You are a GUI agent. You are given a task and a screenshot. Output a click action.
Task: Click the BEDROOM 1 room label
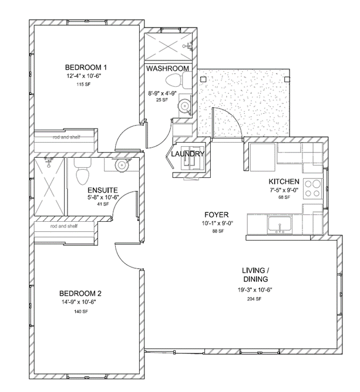click(86, 67)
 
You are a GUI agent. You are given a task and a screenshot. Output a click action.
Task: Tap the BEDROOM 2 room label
click(80, 293)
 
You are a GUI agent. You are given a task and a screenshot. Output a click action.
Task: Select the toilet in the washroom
click(177, 80)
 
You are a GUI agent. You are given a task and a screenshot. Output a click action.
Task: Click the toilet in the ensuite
click(82, 172)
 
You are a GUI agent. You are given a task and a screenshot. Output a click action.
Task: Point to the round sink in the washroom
click(184, 106)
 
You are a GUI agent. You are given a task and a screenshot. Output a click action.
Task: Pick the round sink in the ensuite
click(122, 165)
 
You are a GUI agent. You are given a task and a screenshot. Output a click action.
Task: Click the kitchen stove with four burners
click(312, 189)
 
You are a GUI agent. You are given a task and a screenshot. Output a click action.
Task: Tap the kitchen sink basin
click(280, 224)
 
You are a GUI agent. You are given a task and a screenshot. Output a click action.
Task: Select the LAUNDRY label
click(187, 154)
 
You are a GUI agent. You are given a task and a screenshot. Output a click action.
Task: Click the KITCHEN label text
click(284, 181)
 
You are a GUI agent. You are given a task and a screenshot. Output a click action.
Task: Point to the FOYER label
click(217, 215)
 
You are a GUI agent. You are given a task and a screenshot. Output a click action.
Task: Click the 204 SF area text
click(254, 299)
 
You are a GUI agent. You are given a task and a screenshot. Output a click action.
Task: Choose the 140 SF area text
click(81, 312)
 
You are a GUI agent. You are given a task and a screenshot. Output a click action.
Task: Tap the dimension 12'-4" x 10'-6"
click(84, 76)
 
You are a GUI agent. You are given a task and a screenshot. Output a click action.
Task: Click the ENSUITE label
click(103, 190)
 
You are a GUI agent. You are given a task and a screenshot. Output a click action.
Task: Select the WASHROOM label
click(167, 69)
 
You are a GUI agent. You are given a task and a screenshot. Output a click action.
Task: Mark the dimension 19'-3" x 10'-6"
click(255, 290)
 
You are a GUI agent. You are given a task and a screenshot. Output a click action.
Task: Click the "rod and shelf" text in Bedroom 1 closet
click(66, 137)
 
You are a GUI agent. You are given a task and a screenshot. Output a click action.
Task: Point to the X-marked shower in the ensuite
click(49, 187)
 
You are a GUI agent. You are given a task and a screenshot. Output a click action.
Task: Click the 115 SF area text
click(83, 85)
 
